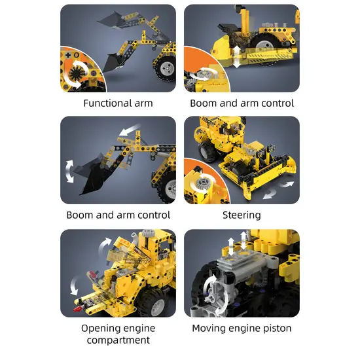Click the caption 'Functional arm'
pos(118,103)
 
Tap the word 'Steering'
pos(242,215)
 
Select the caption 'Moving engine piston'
pos(242,328)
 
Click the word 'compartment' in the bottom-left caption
pos(118,340)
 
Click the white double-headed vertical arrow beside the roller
pos(236,56)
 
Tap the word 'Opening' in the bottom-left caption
pos(101,328)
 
